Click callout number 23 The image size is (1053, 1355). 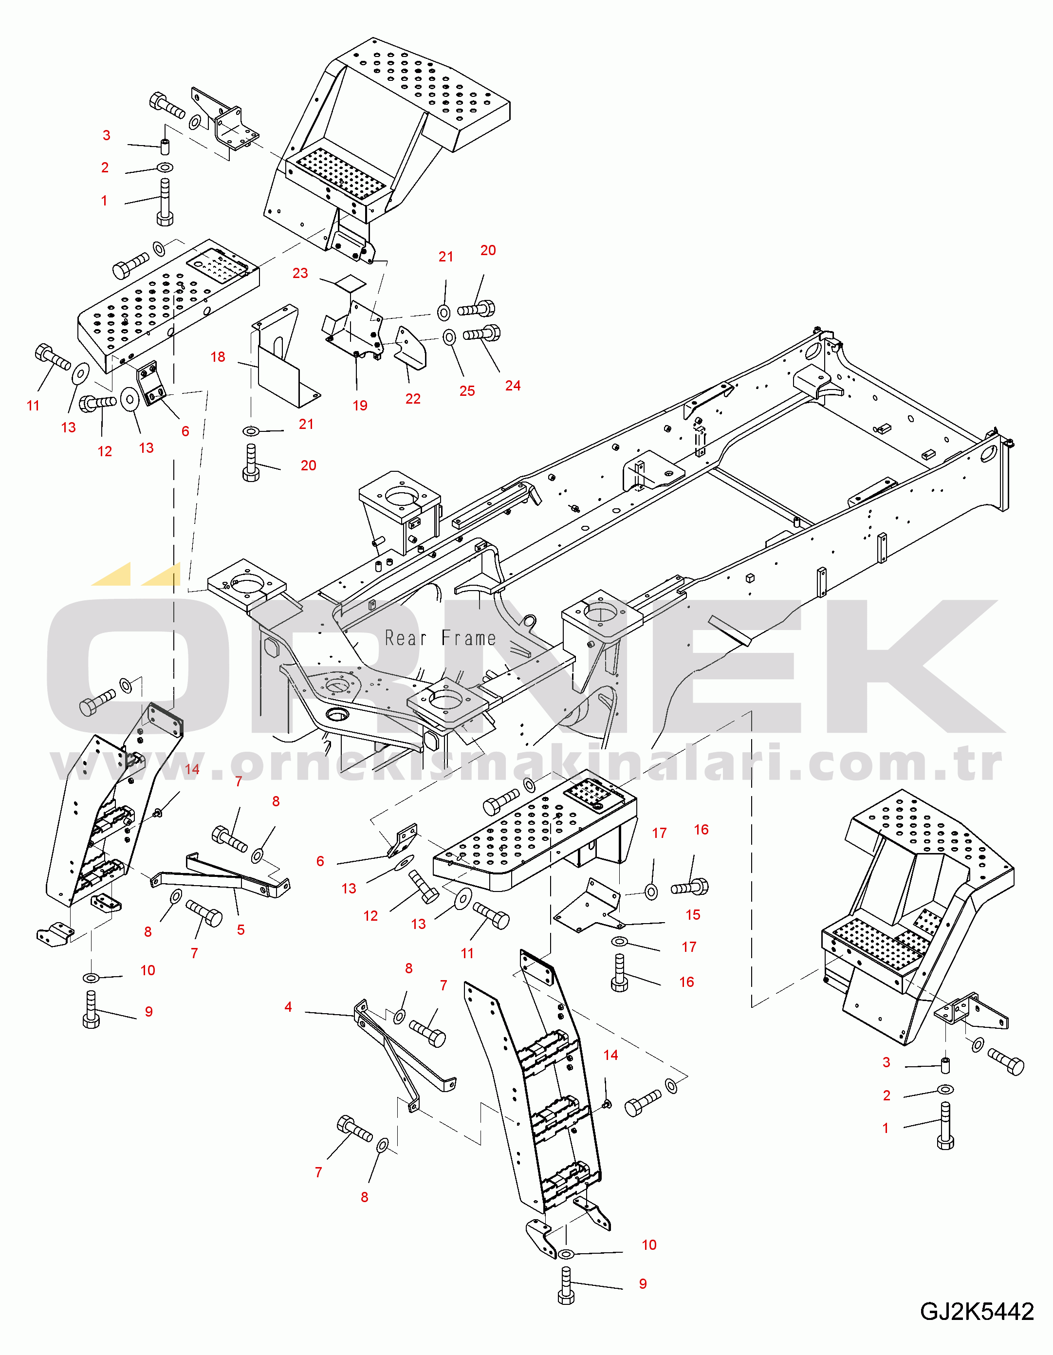pos(300,273)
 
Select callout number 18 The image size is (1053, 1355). pos(218,357)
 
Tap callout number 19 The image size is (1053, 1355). pos(360,405)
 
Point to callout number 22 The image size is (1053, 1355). pos(413,399)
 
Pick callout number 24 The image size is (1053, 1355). pos(513,385)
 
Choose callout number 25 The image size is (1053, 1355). pos(467,391)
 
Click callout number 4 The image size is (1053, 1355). pos(288,1007)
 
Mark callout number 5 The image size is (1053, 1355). pos(241,930)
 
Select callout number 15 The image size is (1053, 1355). pos(692,914)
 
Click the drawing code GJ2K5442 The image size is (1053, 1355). pos(977,1312)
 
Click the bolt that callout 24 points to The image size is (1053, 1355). pos(482,334)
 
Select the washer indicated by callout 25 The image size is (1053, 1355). pos(449,337)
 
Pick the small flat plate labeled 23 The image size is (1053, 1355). pos(350,283)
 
